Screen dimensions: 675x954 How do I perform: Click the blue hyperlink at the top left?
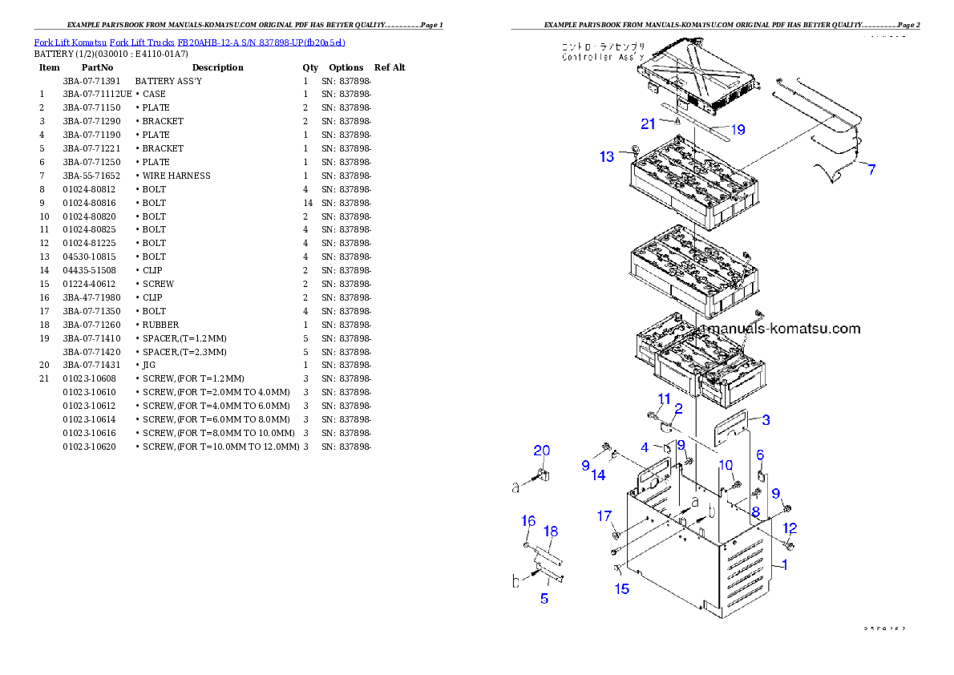click(x=189, y=42)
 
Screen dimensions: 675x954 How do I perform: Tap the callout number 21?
click(x=648, y=123)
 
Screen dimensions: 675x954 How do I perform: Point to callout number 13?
click(x=607, y=156)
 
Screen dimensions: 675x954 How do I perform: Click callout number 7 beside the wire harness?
click(x=871, y=169)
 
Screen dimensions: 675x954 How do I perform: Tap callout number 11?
click(x=664, y=399)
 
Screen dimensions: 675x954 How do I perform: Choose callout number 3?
click(x=766, y=419)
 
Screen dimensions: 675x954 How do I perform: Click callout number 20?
click(x=542, y=451)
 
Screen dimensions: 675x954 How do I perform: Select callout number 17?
click(x=604, y=515)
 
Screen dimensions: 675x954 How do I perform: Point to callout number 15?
click(x=622, y=589)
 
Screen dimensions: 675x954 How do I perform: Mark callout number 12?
click(x=790, y=528)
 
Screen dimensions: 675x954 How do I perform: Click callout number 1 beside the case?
click(x=784, y=564)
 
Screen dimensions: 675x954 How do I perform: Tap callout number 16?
click(x=528, y=521)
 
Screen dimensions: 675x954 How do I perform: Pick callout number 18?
click(x=551, y=531)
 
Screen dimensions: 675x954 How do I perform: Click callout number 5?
click(x=544, y=598)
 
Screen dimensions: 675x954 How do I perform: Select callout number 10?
click(x=726, y=465)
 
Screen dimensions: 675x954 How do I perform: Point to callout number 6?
click(x=760, y=455)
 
